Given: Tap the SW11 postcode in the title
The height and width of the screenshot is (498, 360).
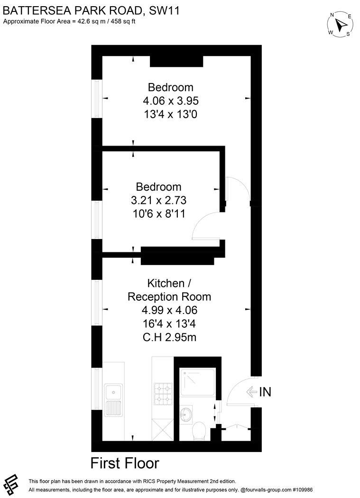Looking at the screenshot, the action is coord(164,11).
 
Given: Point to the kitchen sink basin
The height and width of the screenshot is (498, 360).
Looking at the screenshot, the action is coord(113,391).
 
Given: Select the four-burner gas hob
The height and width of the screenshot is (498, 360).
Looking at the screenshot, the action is coord(163,394).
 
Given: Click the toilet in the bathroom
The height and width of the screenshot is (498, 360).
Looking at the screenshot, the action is coord(200,431).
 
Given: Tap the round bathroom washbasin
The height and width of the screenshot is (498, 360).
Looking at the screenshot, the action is coord(186,414).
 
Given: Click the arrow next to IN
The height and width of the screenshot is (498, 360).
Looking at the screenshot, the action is coord(252,392).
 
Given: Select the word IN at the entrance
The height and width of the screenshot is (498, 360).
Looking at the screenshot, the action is coord(265,392).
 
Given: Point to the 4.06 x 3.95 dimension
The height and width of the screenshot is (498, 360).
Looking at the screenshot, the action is coord(171,101).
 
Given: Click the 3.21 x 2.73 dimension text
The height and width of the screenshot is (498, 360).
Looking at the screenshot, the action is coord(158,200).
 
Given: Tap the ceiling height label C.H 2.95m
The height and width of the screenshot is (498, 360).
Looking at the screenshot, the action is coord(169,337).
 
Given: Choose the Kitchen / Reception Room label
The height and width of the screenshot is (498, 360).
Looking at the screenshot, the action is coord(169,290).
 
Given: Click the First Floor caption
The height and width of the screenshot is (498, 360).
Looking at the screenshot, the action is coord(125,463).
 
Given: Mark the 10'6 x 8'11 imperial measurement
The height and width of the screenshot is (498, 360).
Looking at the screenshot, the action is coord(158,213).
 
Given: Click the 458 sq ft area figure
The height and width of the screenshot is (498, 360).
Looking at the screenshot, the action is coord(122,22).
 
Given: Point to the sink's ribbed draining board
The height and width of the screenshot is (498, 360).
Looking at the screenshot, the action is coord(113,408).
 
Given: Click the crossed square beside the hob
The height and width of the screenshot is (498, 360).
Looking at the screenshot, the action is coord(163,430).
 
